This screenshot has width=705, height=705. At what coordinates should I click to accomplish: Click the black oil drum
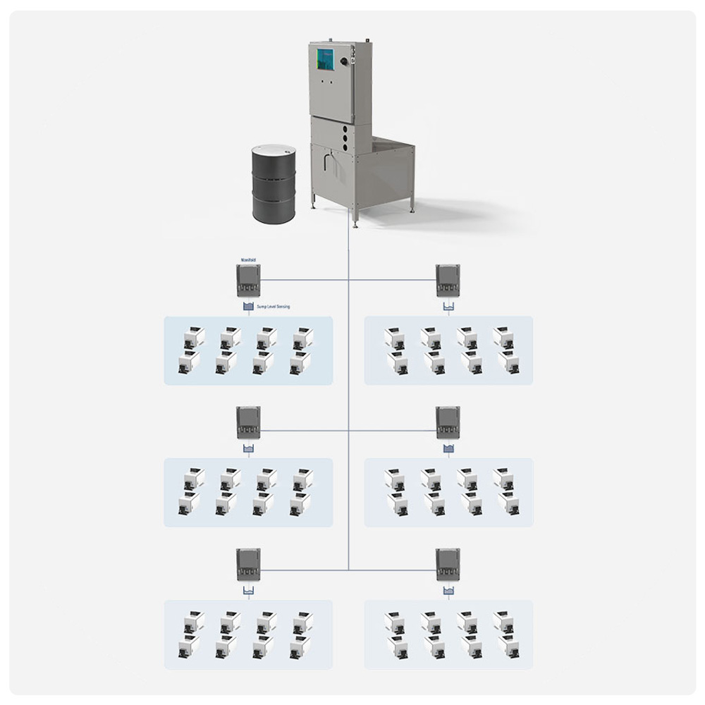pos(274,185)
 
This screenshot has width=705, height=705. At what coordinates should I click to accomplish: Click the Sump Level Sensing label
pos(273,307)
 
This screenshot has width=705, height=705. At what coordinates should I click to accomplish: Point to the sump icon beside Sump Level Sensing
pos(247,307)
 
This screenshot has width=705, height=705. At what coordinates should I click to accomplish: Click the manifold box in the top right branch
pos(448,281)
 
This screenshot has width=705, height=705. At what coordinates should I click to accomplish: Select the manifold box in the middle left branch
pos(248,422)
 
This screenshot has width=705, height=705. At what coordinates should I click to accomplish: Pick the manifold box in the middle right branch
pos(448,422)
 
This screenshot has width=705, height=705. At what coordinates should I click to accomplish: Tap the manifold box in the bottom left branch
pos(248,564)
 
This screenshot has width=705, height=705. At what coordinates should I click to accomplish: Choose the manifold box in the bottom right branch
pos(448,564)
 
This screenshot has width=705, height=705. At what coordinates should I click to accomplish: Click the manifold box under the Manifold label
pos(248,281)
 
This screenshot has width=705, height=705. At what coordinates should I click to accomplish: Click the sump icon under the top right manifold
pos(448,307)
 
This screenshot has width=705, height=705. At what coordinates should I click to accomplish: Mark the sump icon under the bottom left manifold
pos(247,591)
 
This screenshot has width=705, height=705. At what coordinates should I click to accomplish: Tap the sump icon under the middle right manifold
pos(448,449)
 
